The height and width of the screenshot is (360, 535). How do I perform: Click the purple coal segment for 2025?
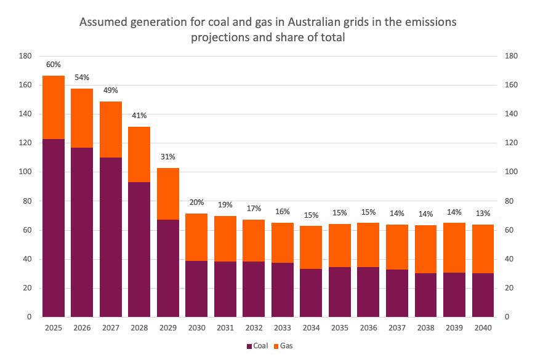click(54, 228)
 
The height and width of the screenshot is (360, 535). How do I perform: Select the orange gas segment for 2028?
click(139, 154)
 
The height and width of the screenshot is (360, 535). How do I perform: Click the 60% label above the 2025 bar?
click(54, 65)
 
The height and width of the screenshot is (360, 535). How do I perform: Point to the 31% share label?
click(168, 157)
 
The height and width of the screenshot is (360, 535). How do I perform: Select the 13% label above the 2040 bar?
click(483, 214)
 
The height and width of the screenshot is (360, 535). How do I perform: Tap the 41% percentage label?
click(139, 116)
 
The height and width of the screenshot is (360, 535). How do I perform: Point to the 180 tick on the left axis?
click(26, 56)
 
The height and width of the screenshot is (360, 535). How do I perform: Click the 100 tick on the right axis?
click(511, 172)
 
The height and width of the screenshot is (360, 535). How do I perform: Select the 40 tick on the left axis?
click(28, 259)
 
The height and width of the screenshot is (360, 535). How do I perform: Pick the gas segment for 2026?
click(82, 118)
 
